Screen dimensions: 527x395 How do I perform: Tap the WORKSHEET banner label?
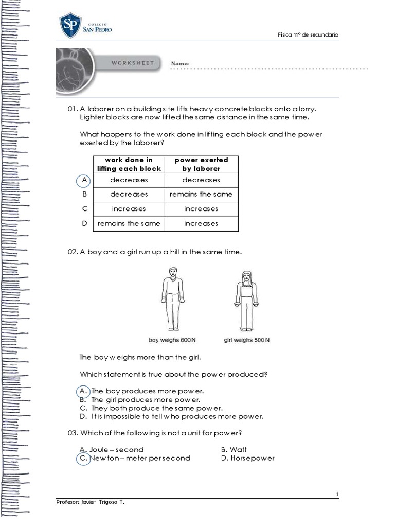click(133, 63)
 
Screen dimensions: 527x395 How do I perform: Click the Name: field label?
click(180, 63)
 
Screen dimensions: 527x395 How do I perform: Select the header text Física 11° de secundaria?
click(308, 34)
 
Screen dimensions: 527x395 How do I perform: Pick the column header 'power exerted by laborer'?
click(201, 164)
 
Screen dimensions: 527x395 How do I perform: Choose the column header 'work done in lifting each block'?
click(129, 164)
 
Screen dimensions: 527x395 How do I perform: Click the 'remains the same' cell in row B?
click(201, 194)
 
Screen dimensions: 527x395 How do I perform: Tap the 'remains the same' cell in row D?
click(129, 223)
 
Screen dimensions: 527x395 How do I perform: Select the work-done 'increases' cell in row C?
click(129, 209)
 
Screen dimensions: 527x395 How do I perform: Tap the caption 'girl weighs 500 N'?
click(247, 340)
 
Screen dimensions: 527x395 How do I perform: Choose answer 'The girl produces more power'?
click(146, 399)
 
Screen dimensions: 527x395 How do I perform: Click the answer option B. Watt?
click(234, 449)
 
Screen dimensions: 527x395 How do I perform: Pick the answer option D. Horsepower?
click(247, 458)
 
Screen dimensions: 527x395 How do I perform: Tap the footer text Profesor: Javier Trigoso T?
click(90, 502)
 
